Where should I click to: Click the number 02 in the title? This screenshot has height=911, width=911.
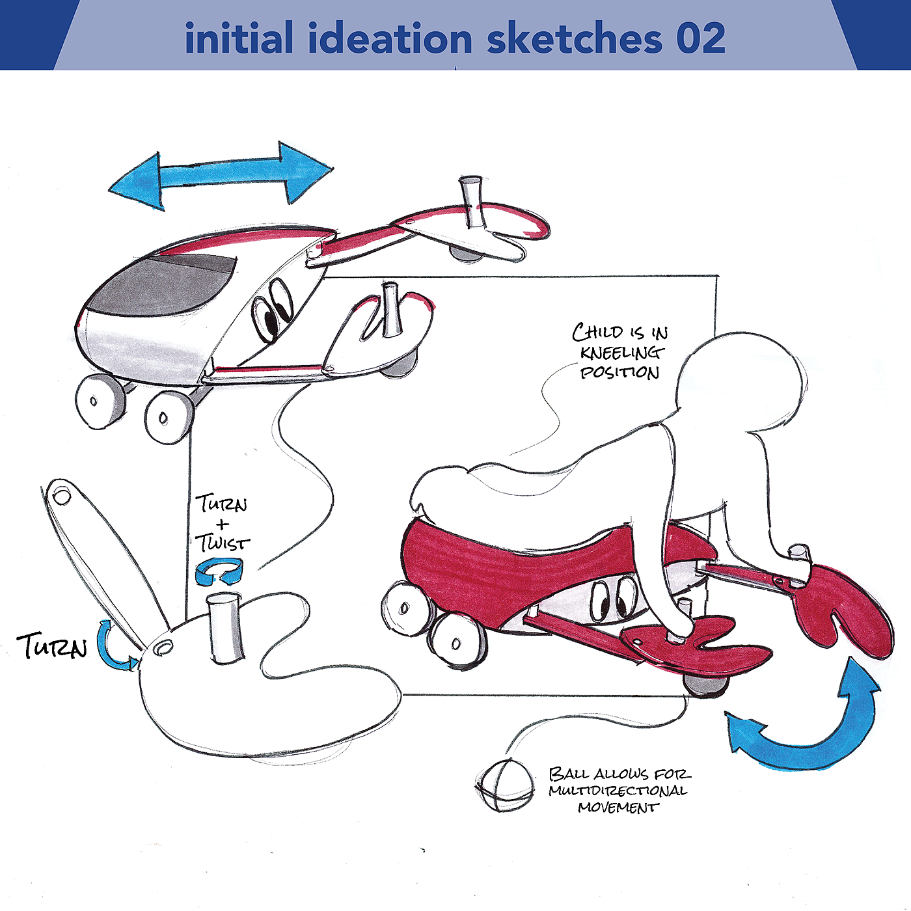click(700, 39)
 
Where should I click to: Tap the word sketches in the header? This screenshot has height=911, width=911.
click(574, 39)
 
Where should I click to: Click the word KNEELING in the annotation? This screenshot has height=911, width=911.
click(622, 353)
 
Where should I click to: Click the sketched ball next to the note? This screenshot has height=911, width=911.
click(503, 785)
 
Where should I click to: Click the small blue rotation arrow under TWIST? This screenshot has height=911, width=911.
click(220, 571)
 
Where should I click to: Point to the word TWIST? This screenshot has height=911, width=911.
click(223, 542)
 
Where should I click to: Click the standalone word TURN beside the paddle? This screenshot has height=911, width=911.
click(52, 646)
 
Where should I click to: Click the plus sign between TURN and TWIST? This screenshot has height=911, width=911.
click(222, 524)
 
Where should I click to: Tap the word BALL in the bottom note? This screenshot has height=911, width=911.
click(569, 774)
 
